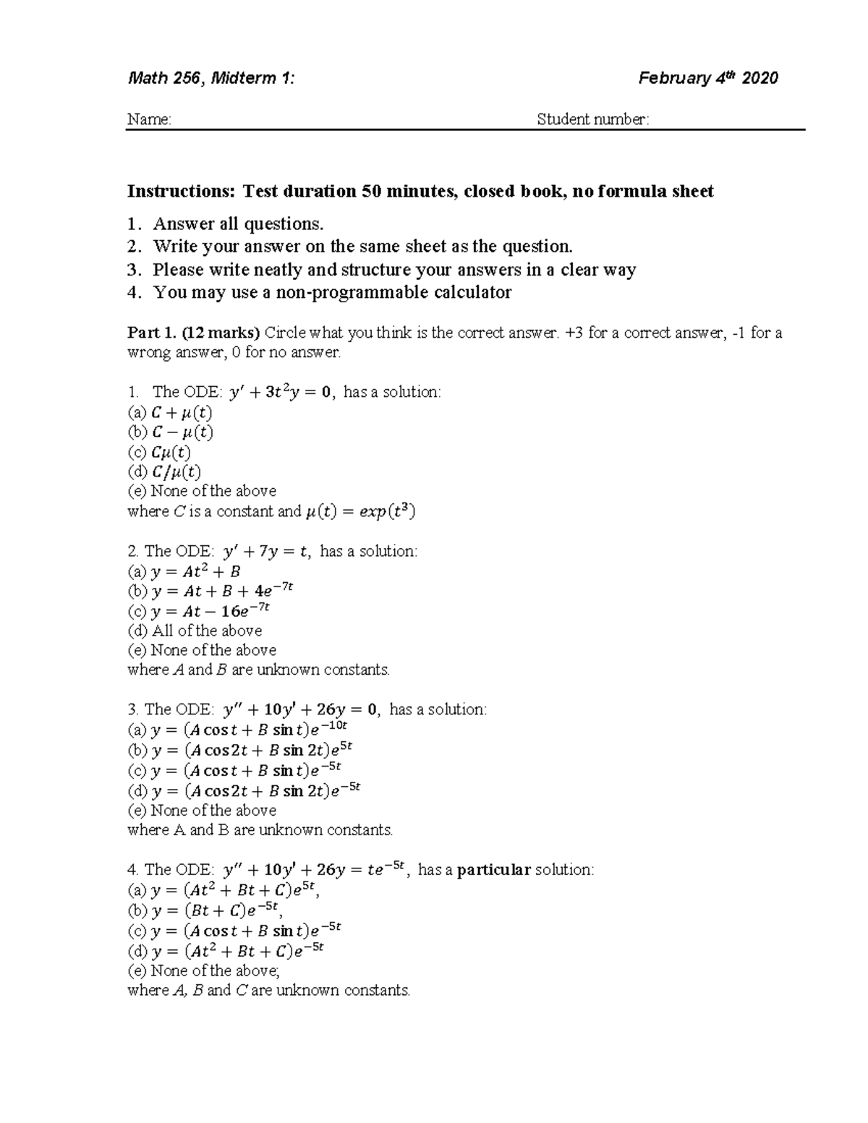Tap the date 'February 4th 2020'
(x=708, y=78)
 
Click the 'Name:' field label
(x=149, y=119)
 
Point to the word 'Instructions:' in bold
(x=182, y=192)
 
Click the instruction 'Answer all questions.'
(x=238, y=223)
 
